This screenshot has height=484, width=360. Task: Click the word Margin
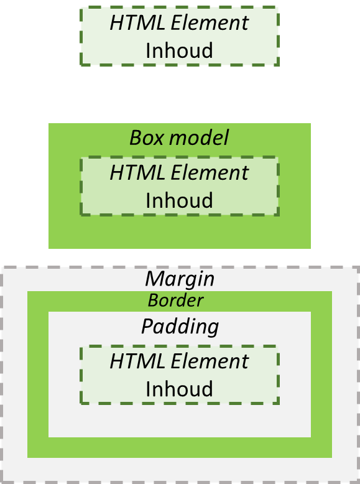click(x=180, y=278)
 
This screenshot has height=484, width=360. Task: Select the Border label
click(x=175, y=300)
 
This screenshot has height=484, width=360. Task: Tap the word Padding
click(x=180, y=326)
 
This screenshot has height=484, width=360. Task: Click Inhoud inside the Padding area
click(x=179, y=389)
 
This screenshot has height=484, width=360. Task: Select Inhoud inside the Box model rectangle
click(x=179, y=200)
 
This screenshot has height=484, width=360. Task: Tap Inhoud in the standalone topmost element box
click(x=179, y=50)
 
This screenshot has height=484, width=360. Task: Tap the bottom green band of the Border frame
click(x=179, y=447)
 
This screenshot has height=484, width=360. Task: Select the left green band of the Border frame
click(x=38, y=373)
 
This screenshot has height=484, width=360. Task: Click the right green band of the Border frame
click(x=321, y=373)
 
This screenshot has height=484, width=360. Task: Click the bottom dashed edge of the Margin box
click(x=179, y=482)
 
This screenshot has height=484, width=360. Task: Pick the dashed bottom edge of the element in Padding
click(x=179, y=403)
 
